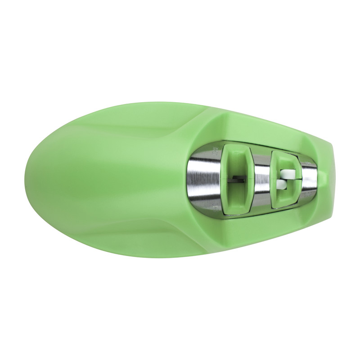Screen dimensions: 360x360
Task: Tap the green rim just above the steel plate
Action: tap(252, 135)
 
